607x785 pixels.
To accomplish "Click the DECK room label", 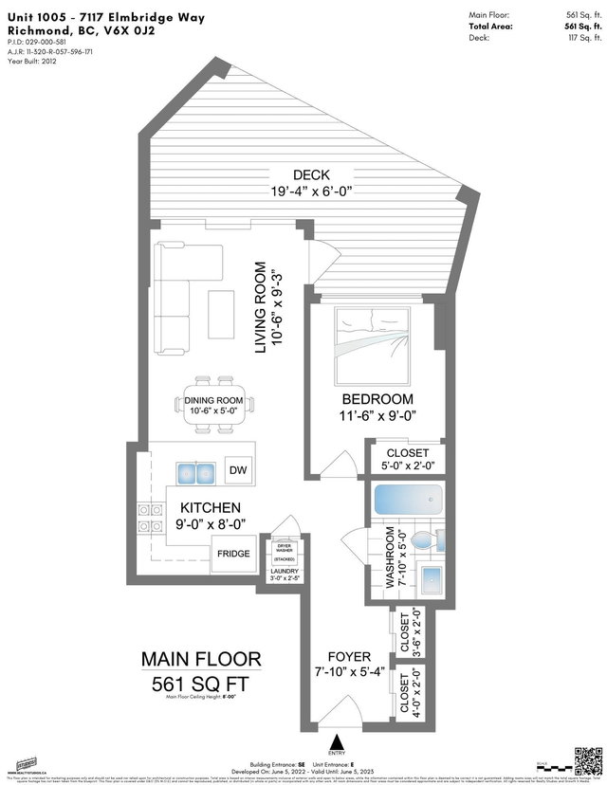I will [311, 175].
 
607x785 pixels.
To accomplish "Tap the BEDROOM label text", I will [378, 399].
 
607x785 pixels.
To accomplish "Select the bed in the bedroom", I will [371, 340].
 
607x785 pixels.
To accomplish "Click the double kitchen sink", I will [195, 471].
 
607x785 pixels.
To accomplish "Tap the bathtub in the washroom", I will [408, 500].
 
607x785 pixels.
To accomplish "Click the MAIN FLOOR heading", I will [200, 659].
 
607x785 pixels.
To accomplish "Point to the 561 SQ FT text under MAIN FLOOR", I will [200, 683].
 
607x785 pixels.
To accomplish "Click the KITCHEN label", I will [210, 508].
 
